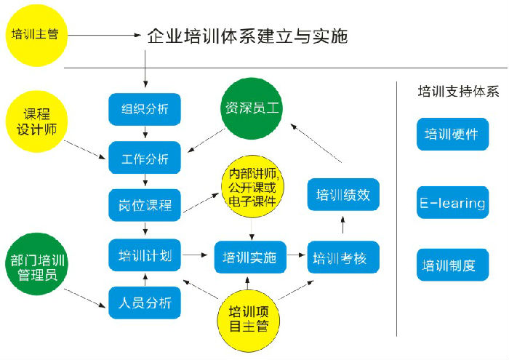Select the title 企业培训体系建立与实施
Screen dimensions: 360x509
[247, 35]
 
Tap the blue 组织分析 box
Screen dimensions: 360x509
[144, 108]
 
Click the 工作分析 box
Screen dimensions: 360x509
[144, 157]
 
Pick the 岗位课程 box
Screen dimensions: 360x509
[144, 205]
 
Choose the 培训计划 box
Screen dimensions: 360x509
[144, 255]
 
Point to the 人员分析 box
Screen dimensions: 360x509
[144, 302]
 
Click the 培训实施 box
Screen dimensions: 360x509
[249, 257]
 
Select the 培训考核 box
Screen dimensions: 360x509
[342, 257]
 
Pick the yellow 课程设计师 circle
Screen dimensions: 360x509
[35, 121]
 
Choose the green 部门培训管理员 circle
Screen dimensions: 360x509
[33, 268]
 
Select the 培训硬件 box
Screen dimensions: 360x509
[452, 135]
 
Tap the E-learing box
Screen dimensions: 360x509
[452, 203]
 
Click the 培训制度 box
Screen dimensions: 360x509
[452, 265]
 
